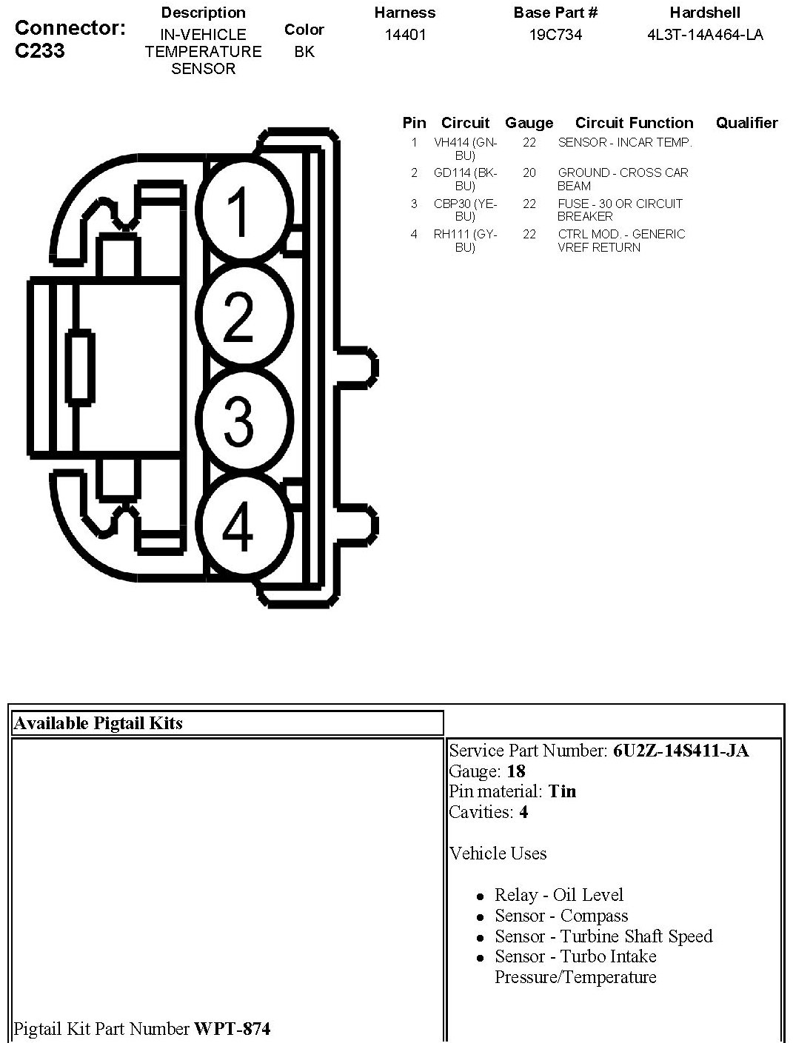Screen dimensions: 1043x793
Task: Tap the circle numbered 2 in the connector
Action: point(239,315)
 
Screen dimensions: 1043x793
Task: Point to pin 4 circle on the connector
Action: point(239,526)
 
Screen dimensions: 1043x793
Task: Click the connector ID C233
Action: point(39,50)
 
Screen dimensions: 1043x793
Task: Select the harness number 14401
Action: point(405,35)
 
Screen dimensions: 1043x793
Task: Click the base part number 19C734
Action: point(555,35)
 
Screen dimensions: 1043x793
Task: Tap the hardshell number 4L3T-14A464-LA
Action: point(705,35)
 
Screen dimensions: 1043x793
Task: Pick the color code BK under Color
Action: point(304,53)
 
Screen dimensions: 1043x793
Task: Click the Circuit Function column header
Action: point(634,123)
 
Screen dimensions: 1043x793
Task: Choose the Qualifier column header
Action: point(746,123)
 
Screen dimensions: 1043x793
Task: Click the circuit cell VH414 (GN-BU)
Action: point(465,149)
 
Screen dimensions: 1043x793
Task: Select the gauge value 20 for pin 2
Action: point(529,172)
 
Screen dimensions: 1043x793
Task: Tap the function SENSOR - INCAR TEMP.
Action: point(625,142)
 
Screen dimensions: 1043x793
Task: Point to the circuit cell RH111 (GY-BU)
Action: point(465,241)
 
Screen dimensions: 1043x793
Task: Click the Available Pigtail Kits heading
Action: point(98,723)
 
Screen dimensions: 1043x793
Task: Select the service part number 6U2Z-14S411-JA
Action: point(680,751)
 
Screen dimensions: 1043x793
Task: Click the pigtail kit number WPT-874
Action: point(232,1028)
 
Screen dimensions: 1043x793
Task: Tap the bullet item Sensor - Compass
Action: point(561,916)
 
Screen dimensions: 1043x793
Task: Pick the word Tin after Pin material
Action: point(562,791)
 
